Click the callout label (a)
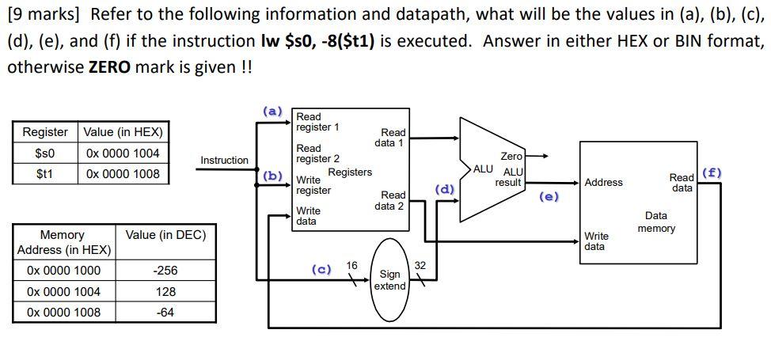pyautogui.click(x=272, y=112)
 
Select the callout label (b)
pyautogui.click(x=272, y=176)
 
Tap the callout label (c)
pyautogui.click(x=321, y=269)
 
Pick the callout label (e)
pyautogui.click(x=549, y=197)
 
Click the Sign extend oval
pyautogui.click(x=389, y=280)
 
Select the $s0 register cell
pyautogui.click(x=44, y=153)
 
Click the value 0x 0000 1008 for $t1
pyautogui.click(x=123, y=174)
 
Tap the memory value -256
pyautogui.click(x=165, y=271)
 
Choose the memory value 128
pyautogui.click(x=165, y=292)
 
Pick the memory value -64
pyautogui.click(x=165, y=313)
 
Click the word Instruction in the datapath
pyautogui.click(x=224, y=161)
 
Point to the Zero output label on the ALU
pyautogui.click(x=511, y=157)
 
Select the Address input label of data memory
pyautogui.click(x=603, y=183)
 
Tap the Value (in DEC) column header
pyautogui.click(x=165, y=235)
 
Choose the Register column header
pyautogui.click(x=44, y=132)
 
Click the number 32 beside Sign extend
pyautogui.click(x=420, y=266)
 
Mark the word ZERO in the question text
pyautogui.click(x=108, y=67)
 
